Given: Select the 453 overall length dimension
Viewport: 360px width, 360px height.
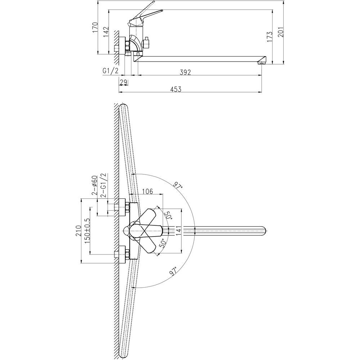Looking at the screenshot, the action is [x=176, y=89].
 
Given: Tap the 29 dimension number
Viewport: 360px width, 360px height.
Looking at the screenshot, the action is [x=123, y=82].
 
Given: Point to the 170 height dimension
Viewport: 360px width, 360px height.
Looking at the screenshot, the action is [x=95, y=27].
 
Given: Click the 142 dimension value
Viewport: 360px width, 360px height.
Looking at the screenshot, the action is [x=106, y=32].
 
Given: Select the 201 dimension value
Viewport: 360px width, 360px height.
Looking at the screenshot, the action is [x=281, y=32].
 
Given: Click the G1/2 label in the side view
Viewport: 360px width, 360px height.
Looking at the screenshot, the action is [x=111, y=71].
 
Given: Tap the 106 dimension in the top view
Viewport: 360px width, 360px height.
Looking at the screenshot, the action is [x=147, y=191].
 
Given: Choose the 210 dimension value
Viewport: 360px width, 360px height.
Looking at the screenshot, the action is [x=78, y=230].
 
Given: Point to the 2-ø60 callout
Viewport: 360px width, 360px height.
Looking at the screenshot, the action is [x=95, y=185].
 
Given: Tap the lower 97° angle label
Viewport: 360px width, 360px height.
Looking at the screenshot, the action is [x=174, y=271].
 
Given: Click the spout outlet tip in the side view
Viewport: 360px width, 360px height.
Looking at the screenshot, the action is [x=261, y=62].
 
